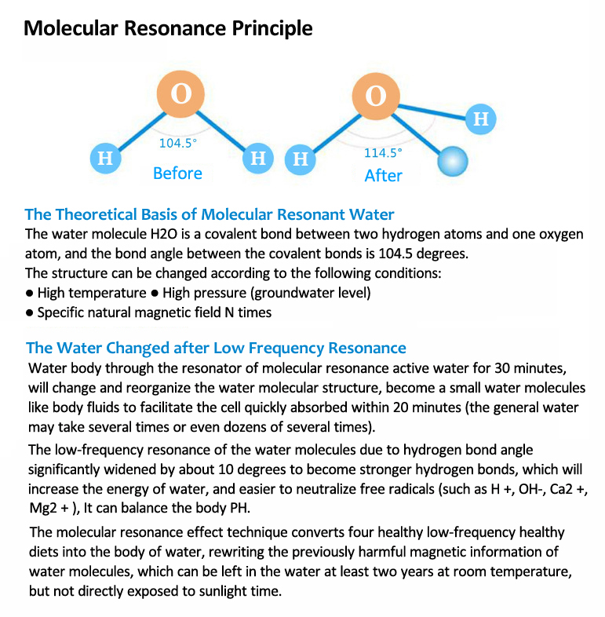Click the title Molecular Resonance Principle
coord(168,28)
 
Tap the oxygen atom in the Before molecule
coord(180,94)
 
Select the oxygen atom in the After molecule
coord(376,97)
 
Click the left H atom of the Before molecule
coord(104,159)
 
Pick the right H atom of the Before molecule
coord(257,159)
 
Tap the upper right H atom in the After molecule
coord(481,119)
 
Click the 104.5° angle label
coord(178,144)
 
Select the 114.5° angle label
coord(382,153)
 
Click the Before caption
coord(177,173)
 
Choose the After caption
coord(383,176)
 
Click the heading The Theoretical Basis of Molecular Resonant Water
coord(210,214)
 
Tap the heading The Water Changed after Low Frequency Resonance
coord(216,348)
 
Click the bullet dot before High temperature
coord(29,294)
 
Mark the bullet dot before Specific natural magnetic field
coord(29,312)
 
